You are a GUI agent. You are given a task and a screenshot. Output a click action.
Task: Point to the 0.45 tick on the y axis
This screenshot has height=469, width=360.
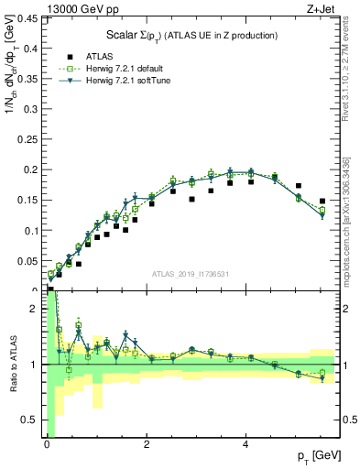coord(30,17)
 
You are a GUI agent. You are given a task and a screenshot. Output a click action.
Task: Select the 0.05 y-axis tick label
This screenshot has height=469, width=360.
coord(30,261)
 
